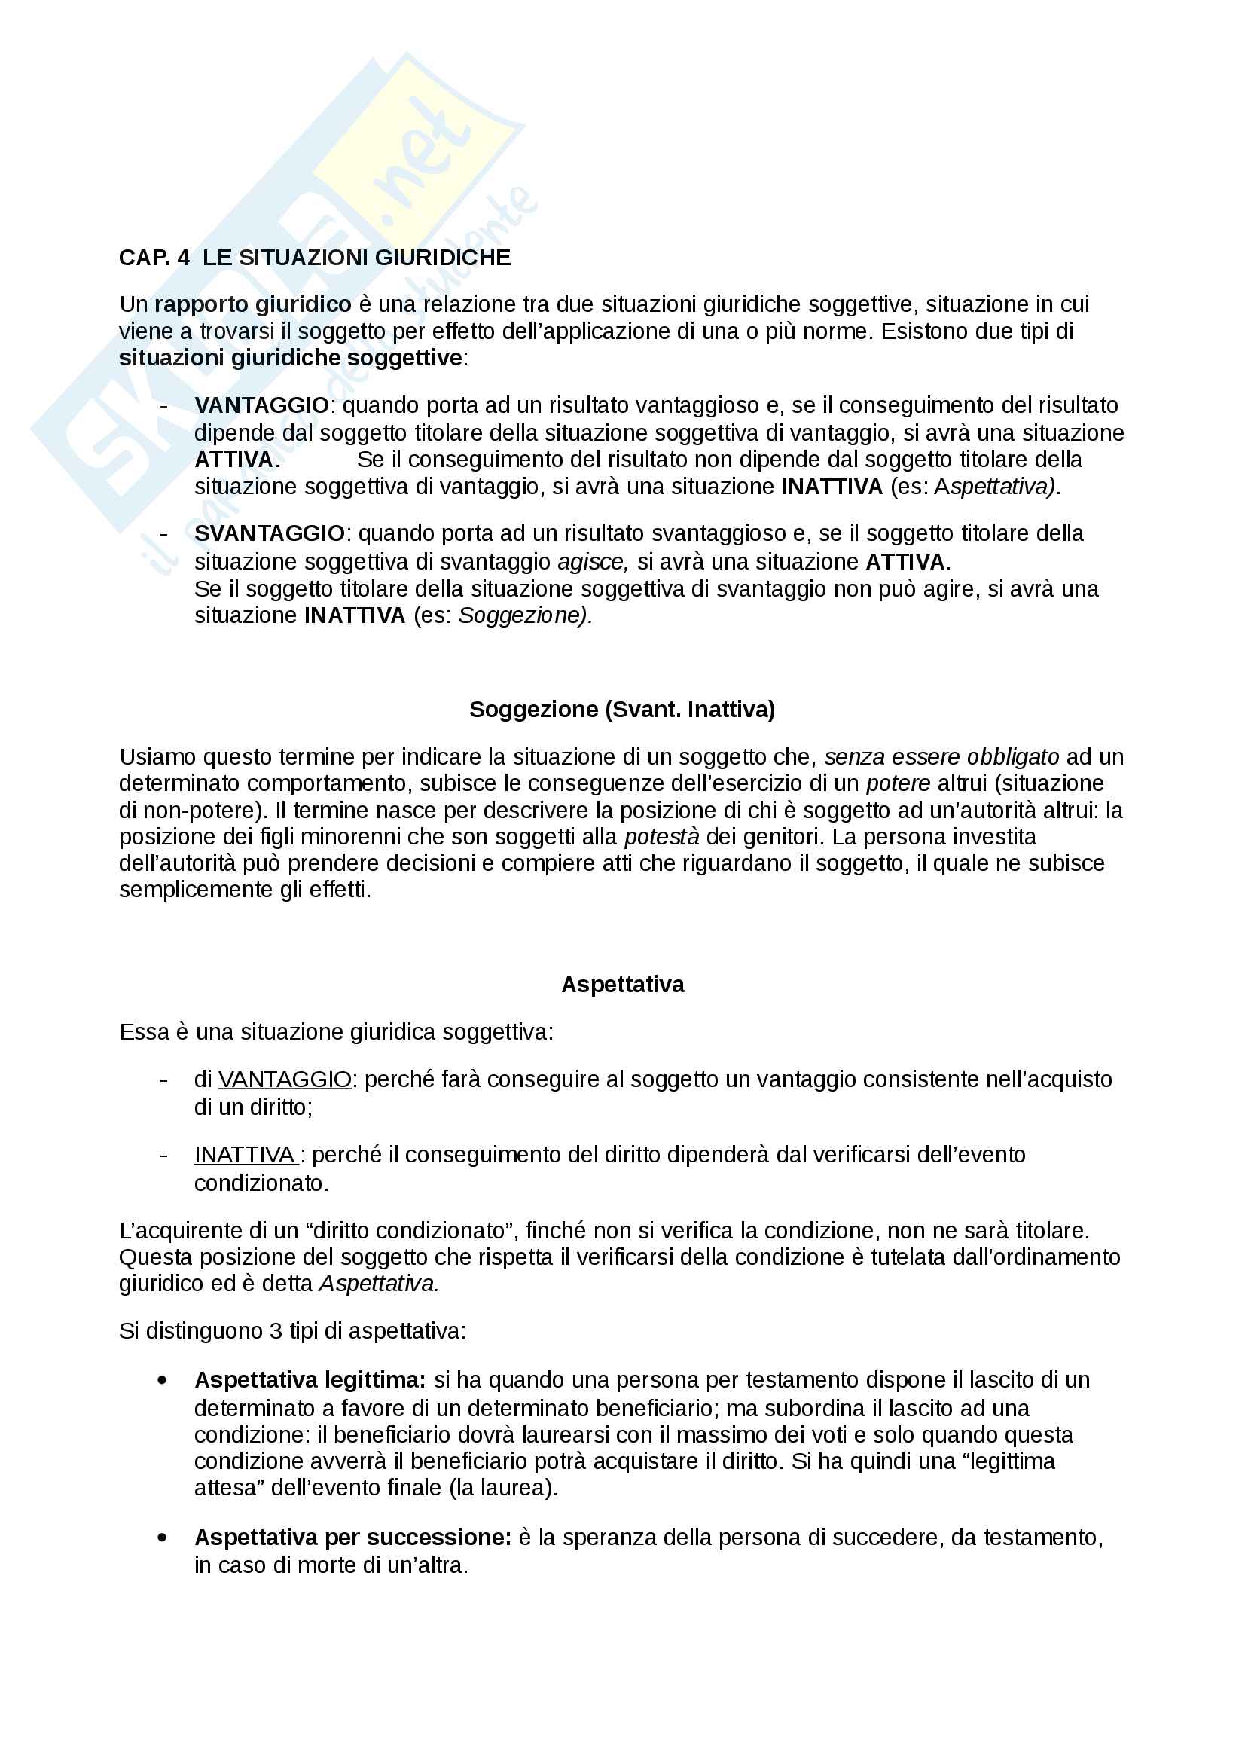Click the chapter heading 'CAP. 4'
click(154, 257)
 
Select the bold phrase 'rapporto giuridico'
click(252, 304)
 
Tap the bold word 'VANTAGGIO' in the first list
click(261, 405)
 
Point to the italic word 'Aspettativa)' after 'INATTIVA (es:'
click(997, 487)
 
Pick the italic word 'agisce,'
click(593, 562)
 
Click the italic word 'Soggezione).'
click(526, 615)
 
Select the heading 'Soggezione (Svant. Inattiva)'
click(622, 709)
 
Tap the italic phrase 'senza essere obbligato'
click(941, 757)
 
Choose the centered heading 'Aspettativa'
click(622, 985)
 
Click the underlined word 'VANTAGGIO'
click(285, 1079)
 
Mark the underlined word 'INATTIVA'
click(245, 1155)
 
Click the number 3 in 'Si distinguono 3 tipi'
click(276, 1330)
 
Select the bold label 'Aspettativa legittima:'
click(310, 1380)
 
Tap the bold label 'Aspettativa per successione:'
click(352, 1538)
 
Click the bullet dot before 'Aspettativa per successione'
click(162, 1538)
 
